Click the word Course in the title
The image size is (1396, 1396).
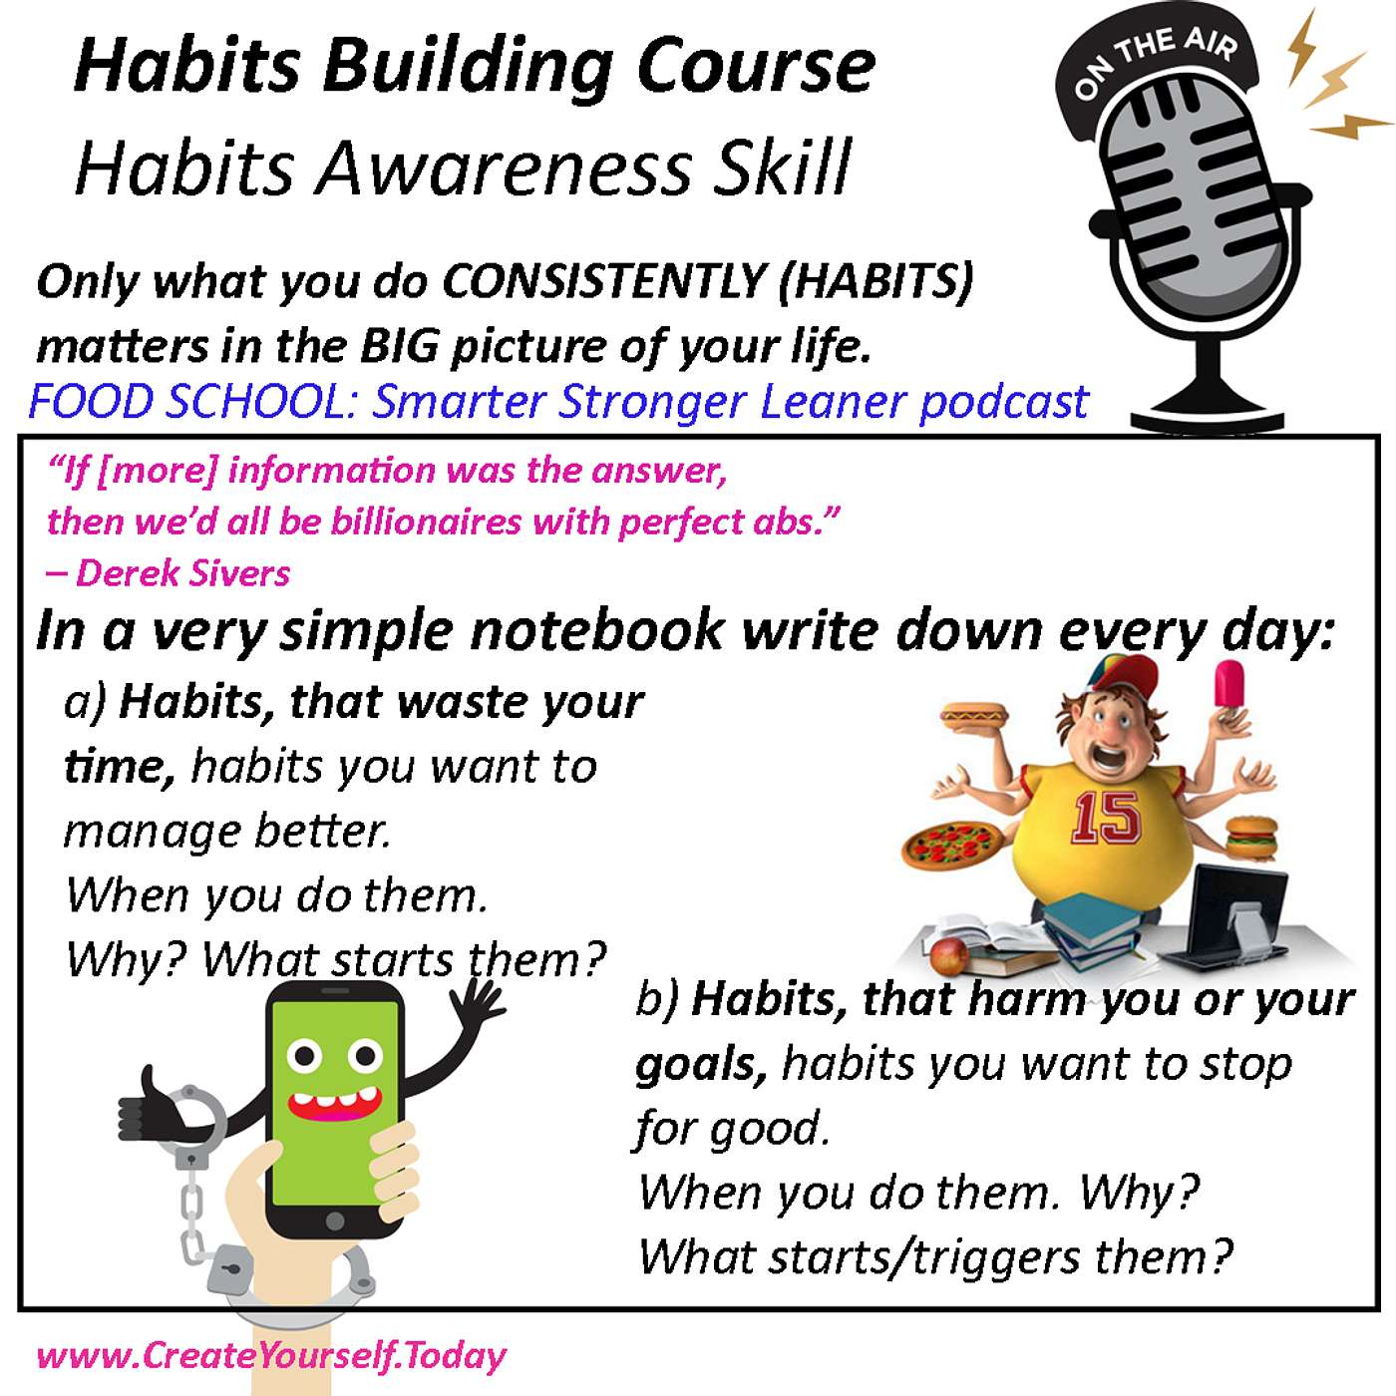pyautogui.click(x=756, y=68)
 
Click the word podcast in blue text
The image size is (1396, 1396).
pyautogui.click(x=1004, y=403)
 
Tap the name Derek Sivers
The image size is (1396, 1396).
pyautogui.click(x=182, y=573)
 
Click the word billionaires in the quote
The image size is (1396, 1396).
pyautogui.click(x=425, y=522)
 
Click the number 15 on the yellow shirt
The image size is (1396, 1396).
pyautogui.click(x=1106, y=818)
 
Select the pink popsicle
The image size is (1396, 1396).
pyautogui.click(x=1229, y=686)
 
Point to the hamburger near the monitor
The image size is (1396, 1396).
pyautogui.click(x=1251, y=838)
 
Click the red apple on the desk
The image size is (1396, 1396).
pyautogui.click(x=949, y=957)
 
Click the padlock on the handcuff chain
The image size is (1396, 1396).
pyautogui.click(x=230, y=1268)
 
